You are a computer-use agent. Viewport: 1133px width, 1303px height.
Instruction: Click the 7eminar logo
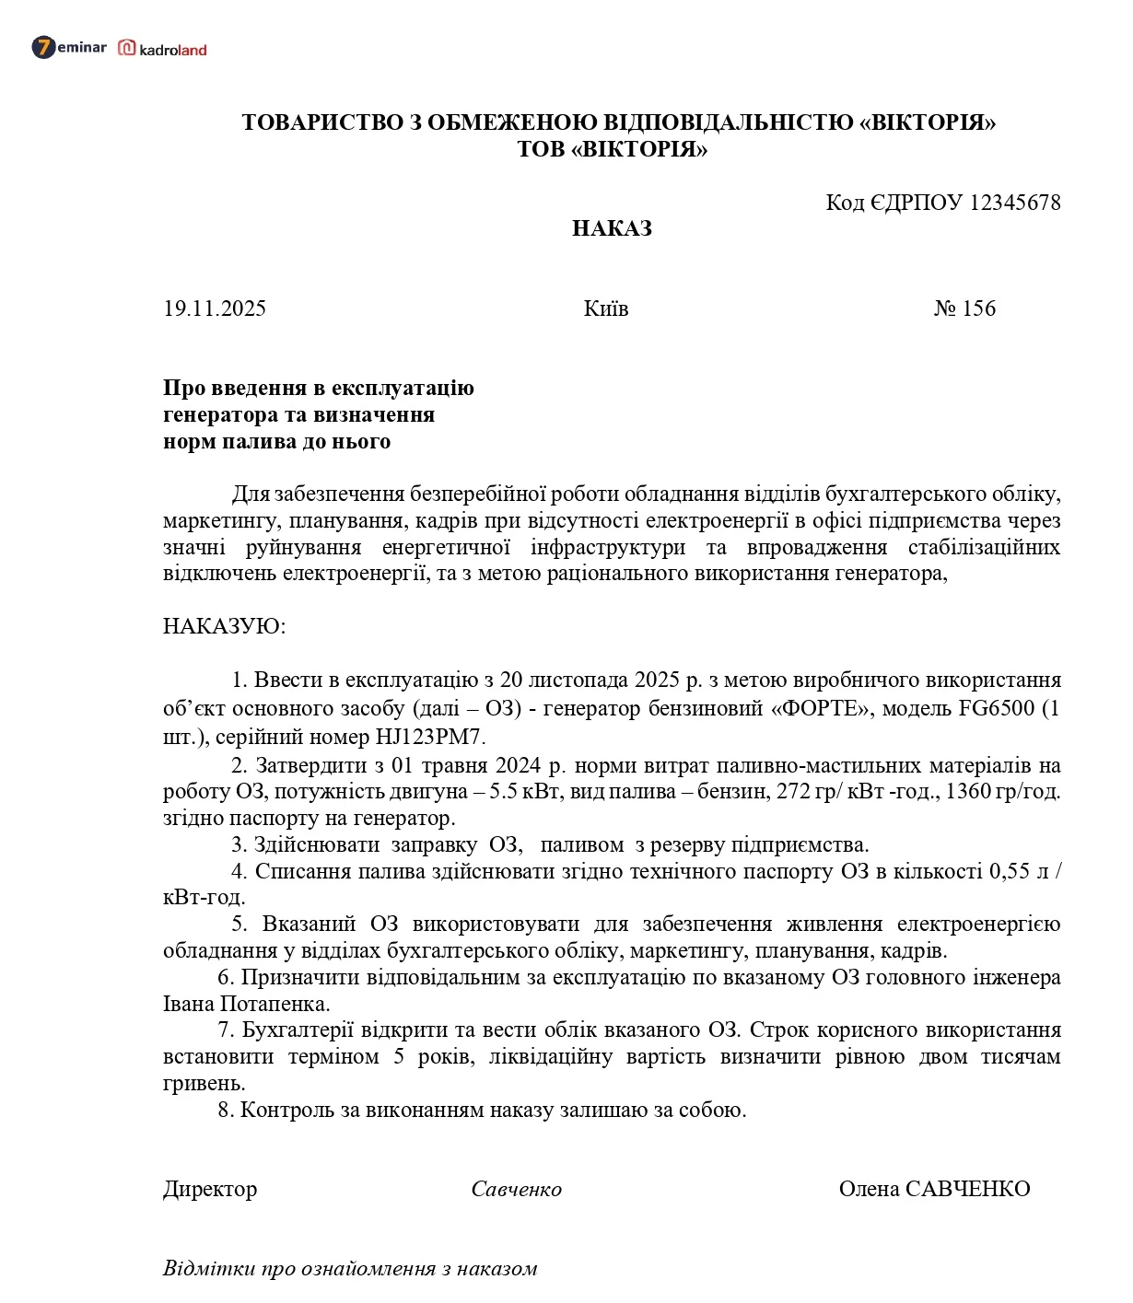pos(69,47)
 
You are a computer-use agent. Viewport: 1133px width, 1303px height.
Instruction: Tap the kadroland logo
pos(162,49)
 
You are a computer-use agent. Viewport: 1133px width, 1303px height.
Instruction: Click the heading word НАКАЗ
pos(612,228)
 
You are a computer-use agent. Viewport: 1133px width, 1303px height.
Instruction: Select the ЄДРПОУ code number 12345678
pos(1015,203)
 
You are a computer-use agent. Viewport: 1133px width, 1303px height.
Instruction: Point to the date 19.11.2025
pos(215,308)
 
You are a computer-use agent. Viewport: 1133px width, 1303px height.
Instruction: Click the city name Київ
pos(606,308)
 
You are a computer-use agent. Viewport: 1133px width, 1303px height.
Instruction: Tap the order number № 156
pos(964,308)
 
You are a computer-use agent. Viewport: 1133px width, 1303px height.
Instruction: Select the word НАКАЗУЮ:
pos(225,627)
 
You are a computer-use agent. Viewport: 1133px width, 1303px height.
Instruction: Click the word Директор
pos(210,1189)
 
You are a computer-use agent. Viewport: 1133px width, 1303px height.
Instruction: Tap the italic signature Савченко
pos(516,1189)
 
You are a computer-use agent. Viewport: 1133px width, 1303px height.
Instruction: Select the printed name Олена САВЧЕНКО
pos(934,1189)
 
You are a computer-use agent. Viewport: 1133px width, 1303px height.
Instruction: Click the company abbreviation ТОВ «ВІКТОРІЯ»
pos(612,149)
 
